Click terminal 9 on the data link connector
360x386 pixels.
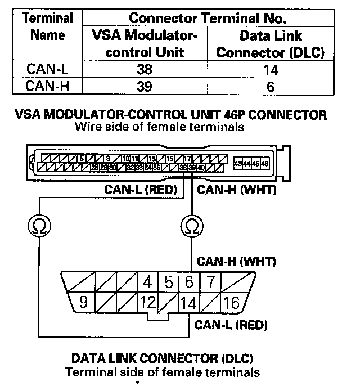pos(83,303)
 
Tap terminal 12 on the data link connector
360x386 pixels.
pos(148,303)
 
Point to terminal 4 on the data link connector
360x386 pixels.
pos(148,281)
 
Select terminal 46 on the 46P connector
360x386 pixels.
pos(265,163)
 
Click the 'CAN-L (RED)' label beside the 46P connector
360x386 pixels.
pos(141,190)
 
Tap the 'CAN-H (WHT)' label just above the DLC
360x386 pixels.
pos(236,262)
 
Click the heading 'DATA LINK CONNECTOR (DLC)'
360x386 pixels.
pos(162,358)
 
